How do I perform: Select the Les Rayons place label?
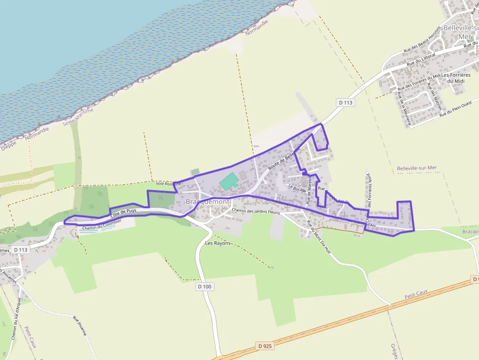click(x=218, y=243)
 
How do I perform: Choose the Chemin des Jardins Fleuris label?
click(x=256, y=211)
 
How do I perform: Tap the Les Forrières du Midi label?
click(x=456, y=78)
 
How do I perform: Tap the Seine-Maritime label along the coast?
click(x=78, y=117)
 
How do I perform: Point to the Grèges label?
click(x=394, y=351)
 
